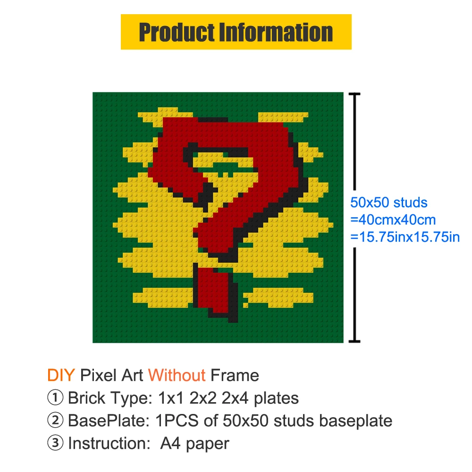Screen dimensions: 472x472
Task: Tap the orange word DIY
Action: [61, 375]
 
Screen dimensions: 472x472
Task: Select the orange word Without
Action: [177, 375]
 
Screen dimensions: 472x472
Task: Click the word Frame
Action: [235, 375]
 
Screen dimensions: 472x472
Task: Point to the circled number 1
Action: [55, 397]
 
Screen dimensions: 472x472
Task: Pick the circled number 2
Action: [55, 420]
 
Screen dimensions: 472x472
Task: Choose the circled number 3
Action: [55, 443]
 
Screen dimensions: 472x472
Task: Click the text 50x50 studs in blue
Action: [389, 202]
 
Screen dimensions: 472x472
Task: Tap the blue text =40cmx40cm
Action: [393, 220]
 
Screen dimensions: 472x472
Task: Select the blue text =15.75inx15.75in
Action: [405, 237]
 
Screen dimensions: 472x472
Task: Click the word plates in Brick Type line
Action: [276, 398]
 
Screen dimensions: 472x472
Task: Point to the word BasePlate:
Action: [109, 421]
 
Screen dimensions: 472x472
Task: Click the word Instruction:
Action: [110, 443]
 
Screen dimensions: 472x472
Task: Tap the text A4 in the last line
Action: [171, 443]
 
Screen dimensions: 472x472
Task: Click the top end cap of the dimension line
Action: [354, 94]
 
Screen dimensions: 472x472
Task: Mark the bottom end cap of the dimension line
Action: [354, 341]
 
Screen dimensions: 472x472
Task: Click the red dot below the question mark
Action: [216, 293]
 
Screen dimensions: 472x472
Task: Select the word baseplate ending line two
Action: [356, 421]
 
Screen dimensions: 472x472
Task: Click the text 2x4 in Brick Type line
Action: [235, 398]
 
